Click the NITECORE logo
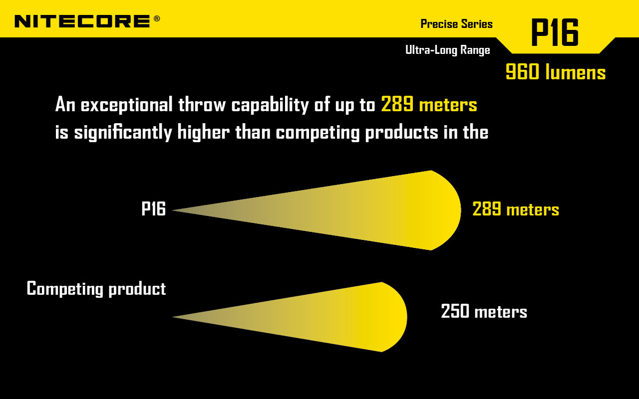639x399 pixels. (x=82, y=21)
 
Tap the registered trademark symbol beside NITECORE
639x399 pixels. (x=157, y=18)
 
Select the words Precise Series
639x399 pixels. (x=456, y=24)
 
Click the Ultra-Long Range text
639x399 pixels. (x=447, y=50)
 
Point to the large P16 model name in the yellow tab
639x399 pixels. (x=554, y=33)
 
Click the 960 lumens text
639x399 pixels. (x=555, y=72)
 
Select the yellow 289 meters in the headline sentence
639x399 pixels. (x=429, y=105)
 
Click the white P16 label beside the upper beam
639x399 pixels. (x=153, y=209)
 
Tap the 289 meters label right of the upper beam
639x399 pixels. (x=515, y=209)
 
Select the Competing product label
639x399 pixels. (x=96, y=289)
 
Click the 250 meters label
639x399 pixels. (x=484, y=312)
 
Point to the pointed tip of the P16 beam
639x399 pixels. (x=174, y=210)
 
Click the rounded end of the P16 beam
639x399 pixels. (x=457, y=210)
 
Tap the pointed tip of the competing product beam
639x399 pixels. (x=174, y=317)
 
